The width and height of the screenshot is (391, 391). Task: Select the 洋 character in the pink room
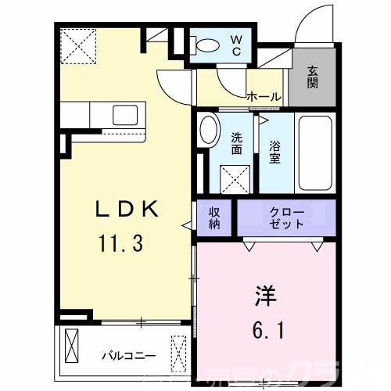[x=263, y=299]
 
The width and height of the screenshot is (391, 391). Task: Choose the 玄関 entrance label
[x=313, y=77]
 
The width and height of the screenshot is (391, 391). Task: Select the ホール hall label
[x=264, y=97]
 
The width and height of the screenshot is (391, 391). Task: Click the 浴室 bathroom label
[x=275, y=150]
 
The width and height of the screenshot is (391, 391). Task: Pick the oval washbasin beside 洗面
[x=209, y=130]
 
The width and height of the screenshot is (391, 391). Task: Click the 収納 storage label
[x=214, y=218]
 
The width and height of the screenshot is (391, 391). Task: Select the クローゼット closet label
[x=286, y=218]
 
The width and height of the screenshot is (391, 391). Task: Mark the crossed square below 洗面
[x=235, y=178]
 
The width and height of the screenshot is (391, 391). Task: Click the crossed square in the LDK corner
[x=78, y=46]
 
